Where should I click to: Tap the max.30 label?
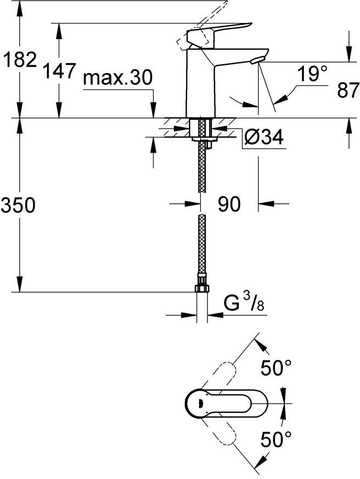coord(117,79)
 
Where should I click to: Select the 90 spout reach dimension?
coord(229,204)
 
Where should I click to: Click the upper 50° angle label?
coord(275,369)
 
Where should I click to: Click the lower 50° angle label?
coord(275,439)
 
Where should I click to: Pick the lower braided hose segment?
coord(202,247)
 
